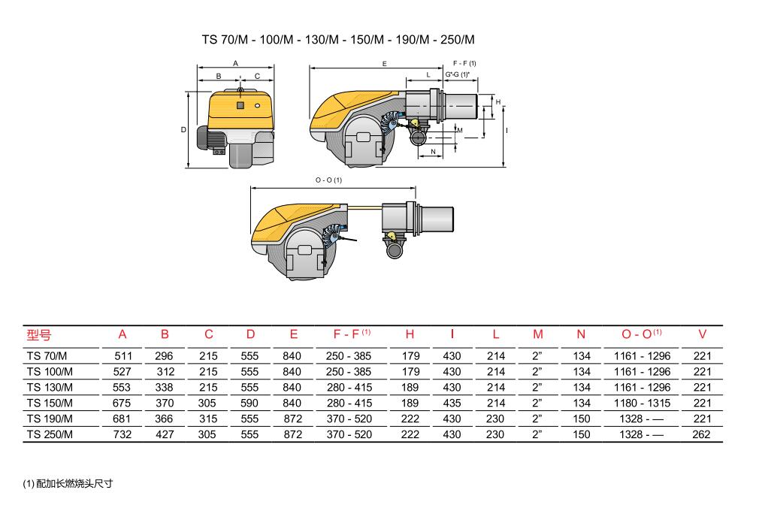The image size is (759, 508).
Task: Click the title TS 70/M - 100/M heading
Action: coord(338,40)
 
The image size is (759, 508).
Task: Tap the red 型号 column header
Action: coord(39,334)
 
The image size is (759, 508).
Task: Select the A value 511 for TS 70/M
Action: coord(123,356)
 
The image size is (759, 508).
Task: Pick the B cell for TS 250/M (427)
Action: coord(165,434)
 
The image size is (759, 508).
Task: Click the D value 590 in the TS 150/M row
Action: coord(249,403)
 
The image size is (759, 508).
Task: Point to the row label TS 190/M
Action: coord(50,419)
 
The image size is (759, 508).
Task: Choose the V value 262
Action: coord(701,434)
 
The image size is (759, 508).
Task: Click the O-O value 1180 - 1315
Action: coord(643,403)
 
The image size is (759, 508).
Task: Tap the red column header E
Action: coord(293,334)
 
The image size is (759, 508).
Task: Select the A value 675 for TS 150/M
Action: coord(122,403)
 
